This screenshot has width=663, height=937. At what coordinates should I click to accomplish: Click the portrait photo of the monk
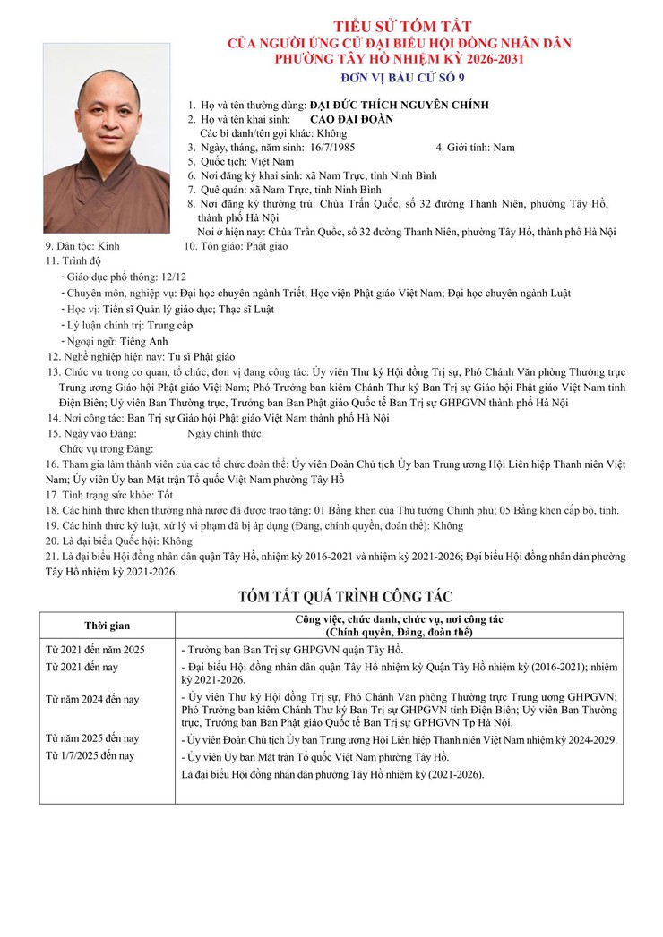click(106, 139)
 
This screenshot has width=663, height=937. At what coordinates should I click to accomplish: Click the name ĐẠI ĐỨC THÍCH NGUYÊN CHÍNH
click(399, 105)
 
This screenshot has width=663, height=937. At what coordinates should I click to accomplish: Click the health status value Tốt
click(164, 494)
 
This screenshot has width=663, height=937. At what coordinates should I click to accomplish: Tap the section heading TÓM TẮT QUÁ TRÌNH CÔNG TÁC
click(345, 597)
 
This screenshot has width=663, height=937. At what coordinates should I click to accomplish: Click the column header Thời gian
click(108, 625)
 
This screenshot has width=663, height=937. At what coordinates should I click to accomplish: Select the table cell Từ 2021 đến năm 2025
click(96, 649)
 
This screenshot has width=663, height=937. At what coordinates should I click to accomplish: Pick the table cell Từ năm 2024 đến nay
click(93, 699)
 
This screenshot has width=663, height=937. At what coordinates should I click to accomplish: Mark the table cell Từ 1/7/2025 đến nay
click(90, 755)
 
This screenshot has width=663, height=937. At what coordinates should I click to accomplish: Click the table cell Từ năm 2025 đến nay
click(93, 738)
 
